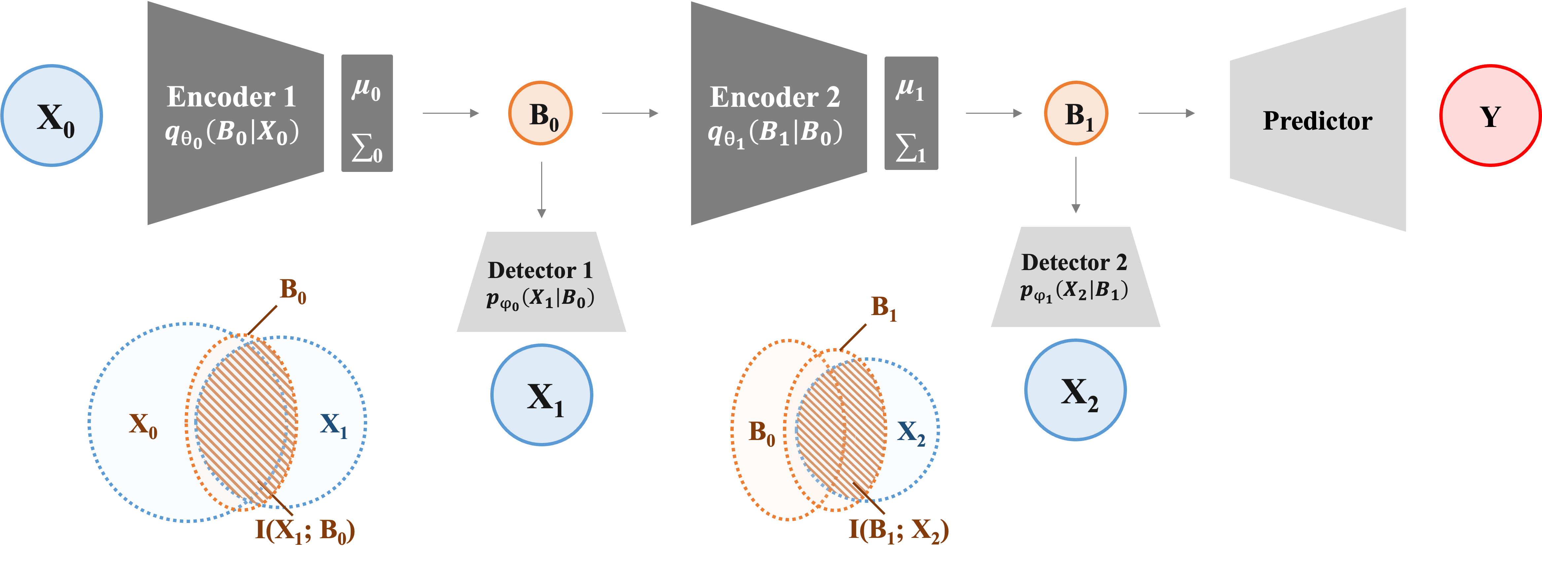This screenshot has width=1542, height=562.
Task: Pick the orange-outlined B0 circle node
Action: click(541, 113)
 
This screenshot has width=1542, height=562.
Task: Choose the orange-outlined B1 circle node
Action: click(1076, 113)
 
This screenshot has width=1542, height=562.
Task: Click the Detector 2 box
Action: click(1075, 277)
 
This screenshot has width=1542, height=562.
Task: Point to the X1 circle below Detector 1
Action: click(542, 395)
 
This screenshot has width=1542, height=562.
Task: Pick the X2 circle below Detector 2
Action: click(1075, 390)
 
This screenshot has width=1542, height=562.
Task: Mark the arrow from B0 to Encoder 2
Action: click(630, 113)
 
